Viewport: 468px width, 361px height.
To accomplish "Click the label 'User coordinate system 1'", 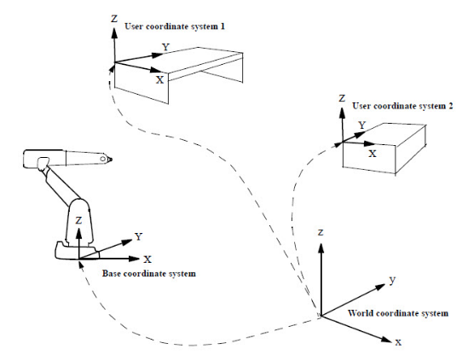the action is (x=175, y=26).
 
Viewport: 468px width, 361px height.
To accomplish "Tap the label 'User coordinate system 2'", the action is (x=402, y=106).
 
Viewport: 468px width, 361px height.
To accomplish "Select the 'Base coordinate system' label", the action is (x=149, y=273).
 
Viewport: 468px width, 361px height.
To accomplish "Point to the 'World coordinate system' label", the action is (x=398, y=313).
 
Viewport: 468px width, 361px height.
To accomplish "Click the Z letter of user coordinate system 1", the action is (x=114, y=19).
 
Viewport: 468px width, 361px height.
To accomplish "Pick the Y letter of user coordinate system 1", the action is (x=165, y=47).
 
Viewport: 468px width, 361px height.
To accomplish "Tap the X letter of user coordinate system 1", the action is (x=160, y=79).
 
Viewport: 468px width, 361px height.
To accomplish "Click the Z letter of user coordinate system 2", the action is (x=342, y=98).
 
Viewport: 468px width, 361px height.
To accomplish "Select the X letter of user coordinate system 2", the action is (x=373, y=154).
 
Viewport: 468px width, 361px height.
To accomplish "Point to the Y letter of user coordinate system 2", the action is (x=362, y=125).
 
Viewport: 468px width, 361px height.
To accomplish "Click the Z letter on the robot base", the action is (x=78, y=220).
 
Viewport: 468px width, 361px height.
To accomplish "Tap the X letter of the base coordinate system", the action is (x=147, y=259).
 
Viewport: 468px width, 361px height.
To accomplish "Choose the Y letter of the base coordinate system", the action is (x=138, y=236).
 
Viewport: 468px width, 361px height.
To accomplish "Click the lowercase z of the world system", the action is (x=321, y=232).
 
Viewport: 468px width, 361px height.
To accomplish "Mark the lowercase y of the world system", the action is (x=392, y=280).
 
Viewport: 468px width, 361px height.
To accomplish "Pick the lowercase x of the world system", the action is (x=398, y=342).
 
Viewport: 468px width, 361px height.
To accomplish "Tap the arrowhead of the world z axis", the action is (x=321, y=248).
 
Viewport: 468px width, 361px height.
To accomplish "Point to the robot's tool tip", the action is (x=111, y=160).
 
